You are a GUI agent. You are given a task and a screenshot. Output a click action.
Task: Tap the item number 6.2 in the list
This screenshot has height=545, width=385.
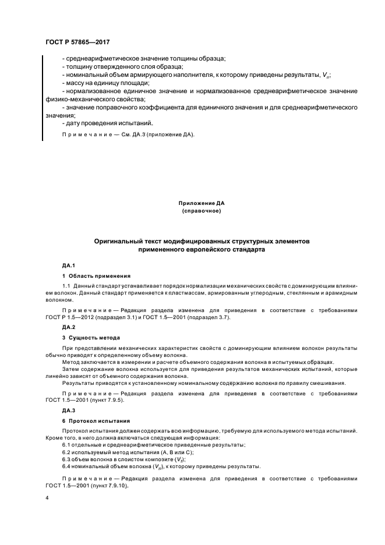click(67, 452)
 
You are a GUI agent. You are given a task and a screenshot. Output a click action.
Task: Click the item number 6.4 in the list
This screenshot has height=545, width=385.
click(67, 466)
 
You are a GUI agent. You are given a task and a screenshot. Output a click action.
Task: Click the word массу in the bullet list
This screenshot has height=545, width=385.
click(75, 83)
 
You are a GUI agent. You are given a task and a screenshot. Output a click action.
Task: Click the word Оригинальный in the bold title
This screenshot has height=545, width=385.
click(120, 240)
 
